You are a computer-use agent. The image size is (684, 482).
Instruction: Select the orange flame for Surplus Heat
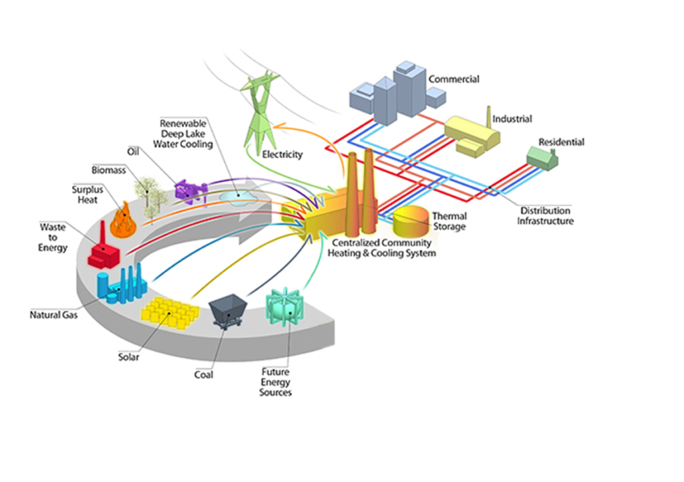123,221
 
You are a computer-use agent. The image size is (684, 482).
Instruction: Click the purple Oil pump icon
190,191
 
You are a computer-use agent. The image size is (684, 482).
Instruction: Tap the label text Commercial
454,79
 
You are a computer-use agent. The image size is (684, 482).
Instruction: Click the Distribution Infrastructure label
545,216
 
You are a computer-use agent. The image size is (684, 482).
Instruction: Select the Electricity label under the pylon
283,154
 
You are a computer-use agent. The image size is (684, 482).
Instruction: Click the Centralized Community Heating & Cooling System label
381,249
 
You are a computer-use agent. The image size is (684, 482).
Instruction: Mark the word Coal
204,375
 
